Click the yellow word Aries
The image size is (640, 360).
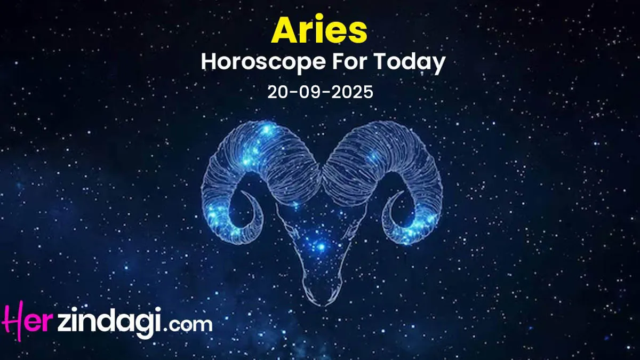tap(319, 30)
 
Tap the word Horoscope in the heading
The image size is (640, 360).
tap(262, 62)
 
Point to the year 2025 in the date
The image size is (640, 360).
tap(353, 92)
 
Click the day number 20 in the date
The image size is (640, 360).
tap(278, 92)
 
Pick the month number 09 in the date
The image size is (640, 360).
tap(310, 92)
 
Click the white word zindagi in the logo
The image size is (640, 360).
tap(110, 323)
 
